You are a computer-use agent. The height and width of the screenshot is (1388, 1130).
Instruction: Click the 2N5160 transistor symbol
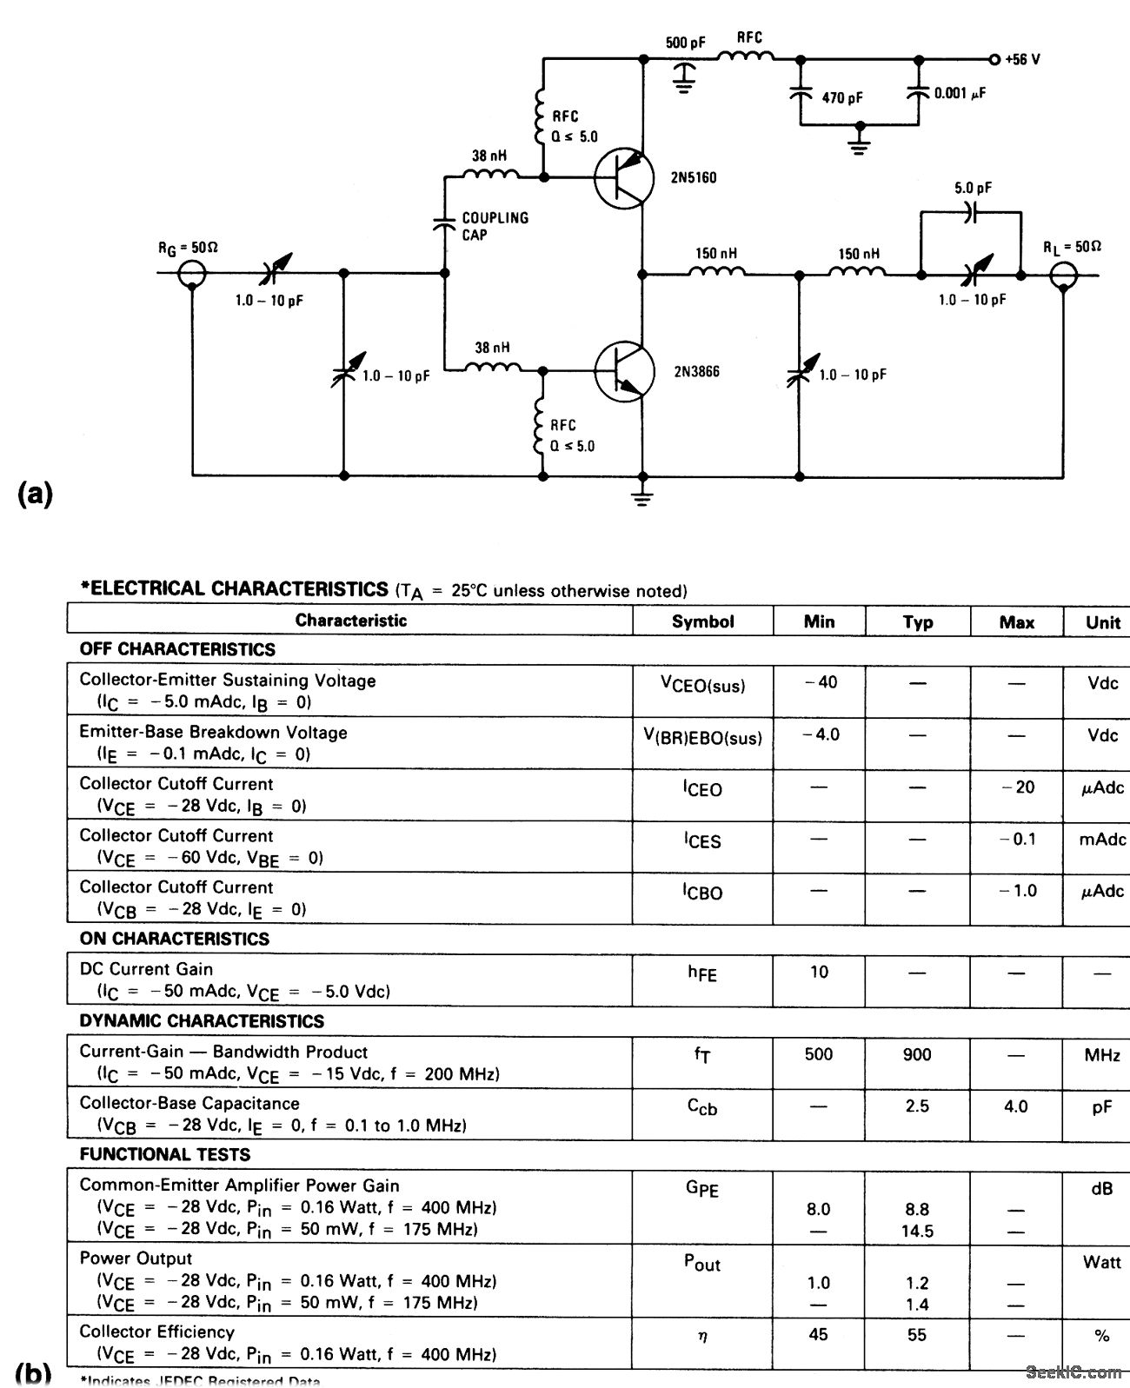click(624, 178)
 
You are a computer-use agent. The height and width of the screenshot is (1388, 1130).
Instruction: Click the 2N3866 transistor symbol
click(624, 371)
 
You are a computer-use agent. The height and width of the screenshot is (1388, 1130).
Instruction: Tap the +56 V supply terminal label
click(1021, 60)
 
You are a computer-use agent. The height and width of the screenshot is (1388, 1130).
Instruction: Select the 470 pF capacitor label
click(841, 98)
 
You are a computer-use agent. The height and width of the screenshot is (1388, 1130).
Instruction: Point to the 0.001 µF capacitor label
click(960, 93)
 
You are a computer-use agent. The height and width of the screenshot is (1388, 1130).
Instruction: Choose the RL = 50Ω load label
click(1072, 247)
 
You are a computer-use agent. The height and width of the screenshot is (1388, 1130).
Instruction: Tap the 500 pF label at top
click(686, 43)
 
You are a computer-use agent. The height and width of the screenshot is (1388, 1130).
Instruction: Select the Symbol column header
click(702, 621)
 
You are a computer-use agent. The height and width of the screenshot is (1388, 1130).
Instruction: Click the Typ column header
click(917, 621)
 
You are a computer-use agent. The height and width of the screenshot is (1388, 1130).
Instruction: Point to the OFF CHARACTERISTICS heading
click(177, 649)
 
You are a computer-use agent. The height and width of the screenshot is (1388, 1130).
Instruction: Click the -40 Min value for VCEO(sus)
click(819, 682)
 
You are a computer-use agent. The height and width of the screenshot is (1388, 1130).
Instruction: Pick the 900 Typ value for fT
click(917, 1054)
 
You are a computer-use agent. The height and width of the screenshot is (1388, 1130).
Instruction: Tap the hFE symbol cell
click(702, 974)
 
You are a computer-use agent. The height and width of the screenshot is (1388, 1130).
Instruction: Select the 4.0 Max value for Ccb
click(1015, 1106)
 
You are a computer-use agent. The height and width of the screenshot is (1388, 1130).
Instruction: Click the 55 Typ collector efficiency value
click(917, 1334)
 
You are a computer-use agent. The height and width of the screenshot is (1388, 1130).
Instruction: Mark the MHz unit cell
click(1101, 1054)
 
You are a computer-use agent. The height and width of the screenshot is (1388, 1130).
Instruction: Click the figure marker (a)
click(35, 494)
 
